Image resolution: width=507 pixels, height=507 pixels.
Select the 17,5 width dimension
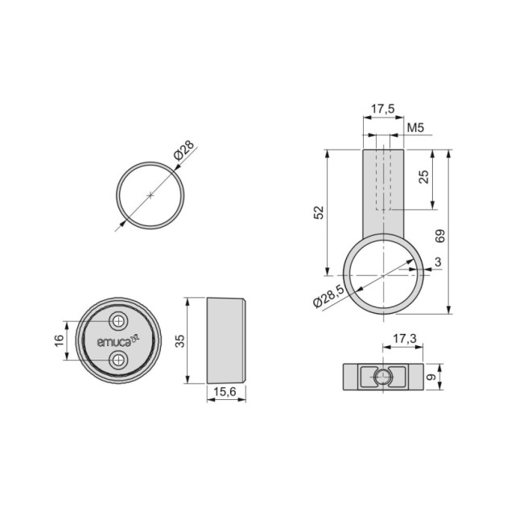tap(381, 107)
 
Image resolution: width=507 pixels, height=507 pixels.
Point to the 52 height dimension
tap(319, 212)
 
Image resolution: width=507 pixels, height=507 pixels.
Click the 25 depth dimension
tap(424, 178)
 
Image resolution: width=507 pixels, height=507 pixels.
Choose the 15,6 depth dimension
tap(225, 392)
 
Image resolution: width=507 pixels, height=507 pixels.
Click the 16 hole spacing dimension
tap(59, 340)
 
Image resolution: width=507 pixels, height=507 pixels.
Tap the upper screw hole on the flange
tap(119, 321)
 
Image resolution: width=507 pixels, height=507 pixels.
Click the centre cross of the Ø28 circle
tap(150, 195)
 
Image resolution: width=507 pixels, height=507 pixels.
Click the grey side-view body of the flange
tap(225, 340)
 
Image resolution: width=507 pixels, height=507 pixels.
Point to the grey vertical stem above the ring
tap(383, 193)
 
